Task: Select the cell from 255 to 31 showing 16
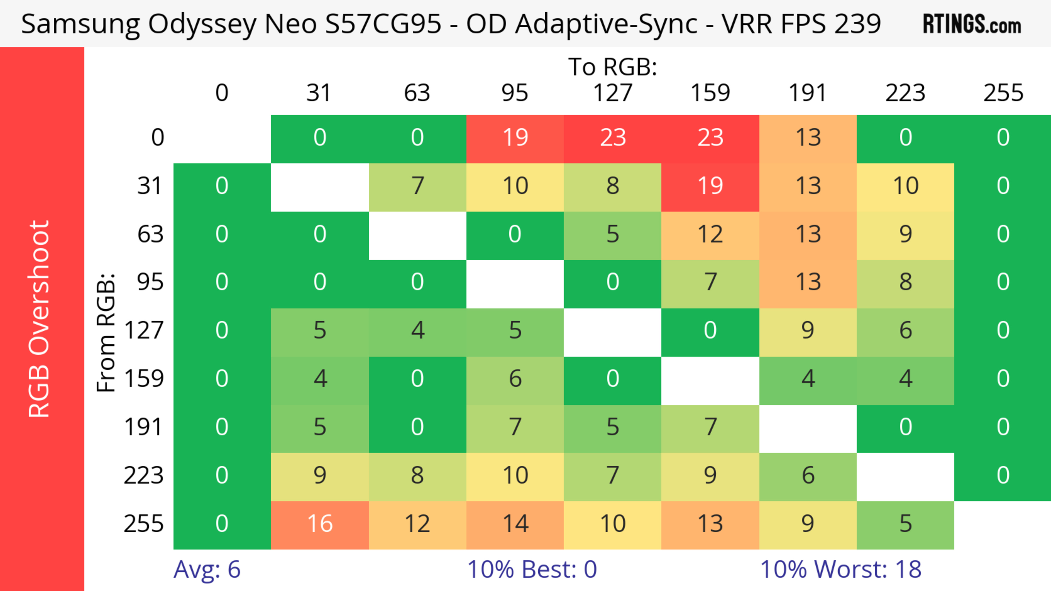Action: pos(320,524)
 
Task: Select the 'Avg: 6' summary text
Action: pos(207,569)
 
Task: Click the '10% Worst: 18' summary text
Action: pos(841,569)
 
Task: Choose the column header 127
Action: pos(613,93)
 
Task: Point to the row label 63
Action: pos(150,234)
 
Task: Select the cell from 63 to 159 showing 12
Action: pos(710,235)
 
